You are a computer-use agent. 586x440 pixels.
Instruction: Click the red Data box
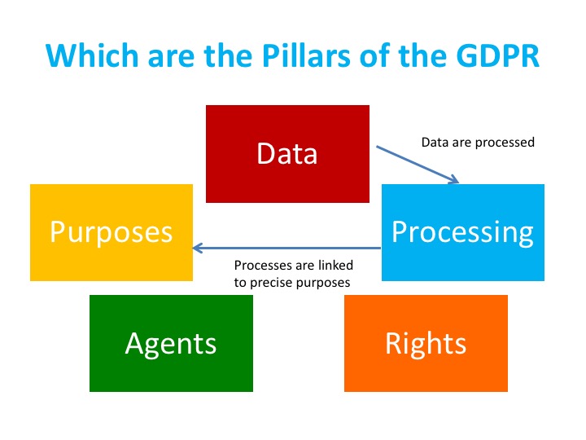[287, 154]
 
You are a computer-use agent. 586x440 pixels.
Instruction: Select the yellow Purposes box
[112, 232]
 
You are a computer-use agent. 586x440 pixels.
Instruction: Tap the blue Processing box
[462, 232]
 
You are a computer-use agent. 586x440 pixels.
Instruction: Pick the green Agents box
[171, 343]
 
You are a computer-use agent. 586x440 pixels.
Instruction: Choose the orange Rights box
[426, 343]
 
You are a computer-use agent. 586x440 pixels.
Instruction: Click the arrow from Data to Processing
[418, 165]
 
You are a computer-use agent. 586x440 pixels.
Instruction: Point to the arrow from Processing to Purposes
[286, 248]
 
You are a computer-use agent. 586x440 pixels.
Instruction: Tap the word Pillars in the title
[306, 55]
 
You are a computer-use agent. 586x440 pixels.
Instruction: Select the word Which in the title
[92, 55]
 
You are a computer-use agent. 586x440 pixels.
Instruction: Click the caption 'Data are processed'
[478, 142]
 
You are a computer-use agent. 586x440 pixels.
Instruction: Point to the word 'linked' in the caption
[335, 266]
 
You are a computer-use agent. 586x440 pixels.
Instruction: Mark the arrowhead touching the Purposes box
[197, 248]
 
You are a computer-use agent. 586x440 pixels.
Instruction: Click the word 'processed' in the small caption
[505, 143]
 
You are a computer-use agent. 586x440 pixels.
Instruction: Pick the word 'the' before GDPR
[422, 55]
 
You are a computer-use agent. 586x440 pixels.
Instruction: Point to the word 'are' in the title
[171, 58]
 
